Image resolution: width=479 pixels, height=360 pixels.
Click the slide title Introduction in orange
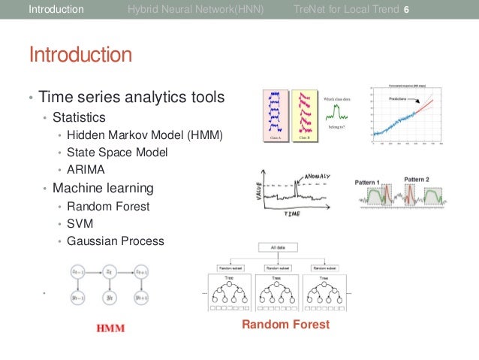pyautogui.click(x=80, y=55)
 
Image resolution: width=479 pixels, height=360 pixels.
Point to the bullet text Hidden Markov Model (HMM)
pyautogui.click(x=145, y=135)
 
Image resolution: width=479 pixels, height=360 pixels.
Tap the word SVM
pyautogui.click(x=80, y=223)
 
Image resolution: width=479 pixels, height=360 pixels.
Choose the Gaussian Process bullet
pyautogui.click(x=115, y=241)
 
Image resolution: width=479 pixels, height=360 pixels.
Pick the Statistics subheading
pyautogui.click(x=79, y=117)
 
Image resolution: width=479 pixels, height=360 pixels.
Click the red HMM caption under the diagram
pyautogui.click(x=110, y=328)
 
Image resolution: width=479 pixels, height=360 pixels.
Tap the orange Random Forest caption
pyautogui.click(x=285, y=325)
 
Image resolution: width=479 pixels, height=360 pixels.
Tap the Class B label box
pyautogui.click(x=305, y=138)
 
